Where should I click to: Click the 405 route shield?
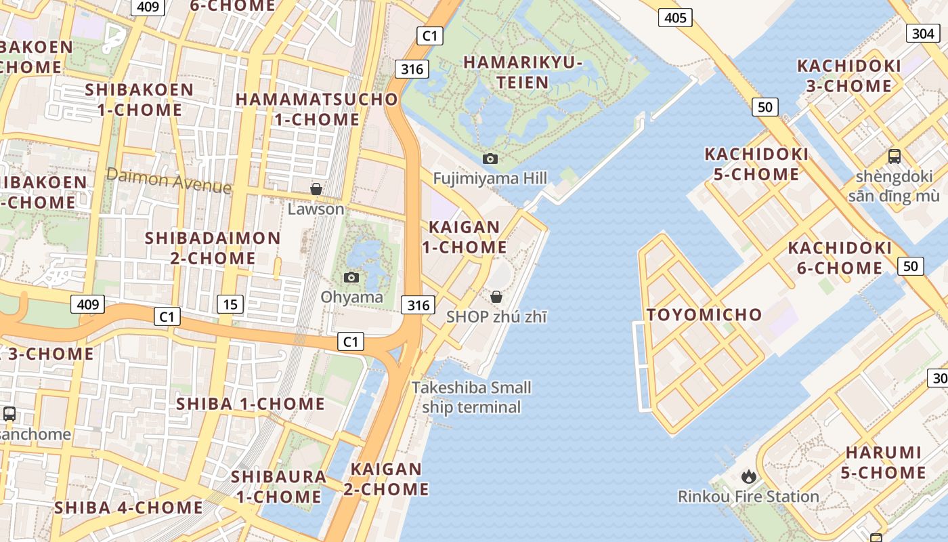676,18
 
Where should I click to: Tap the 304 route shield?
923,34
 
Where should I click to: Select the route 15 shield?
230,304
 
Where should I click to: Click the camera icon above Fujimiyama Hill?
490,159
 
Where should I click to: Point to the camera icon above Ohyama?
351,277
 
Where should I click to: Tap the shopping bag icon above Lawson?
316,189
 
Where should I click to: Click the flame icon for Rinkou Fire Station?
749,477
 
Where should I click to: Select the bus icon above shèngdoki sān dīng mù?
894,156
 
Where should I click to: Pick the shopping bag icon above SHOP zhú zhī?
496,297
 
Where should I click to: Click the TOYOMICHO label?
704,314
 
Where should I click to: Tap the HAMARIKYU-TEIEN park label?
523,72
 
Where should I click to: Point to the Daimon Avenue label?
169,181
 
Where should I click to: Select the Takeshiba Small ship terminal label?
472,397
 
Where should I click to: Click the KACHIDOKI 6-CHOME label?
840,257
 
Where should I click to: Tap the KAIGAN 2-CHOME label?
387,479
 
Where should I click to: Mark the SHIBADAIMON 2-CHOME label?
213,248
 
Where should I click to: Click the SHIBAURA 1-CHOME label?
279,486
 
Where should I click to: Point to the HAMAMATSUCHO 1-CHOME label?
317,109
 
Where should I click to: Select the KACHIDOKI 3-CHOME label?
849,76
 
